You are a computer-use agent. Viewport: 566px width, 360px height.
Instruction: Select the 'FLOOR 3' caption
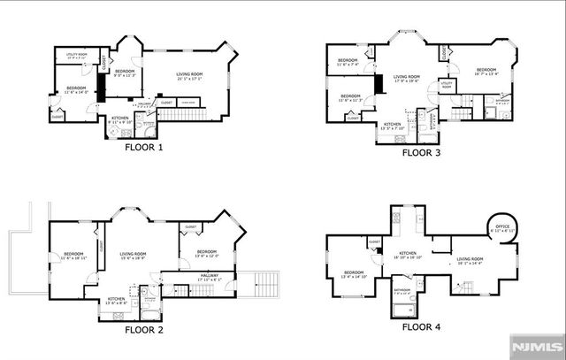coord(421,152)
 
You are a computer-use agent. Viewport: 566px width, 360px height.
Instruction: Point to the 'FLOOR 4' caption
coord(421,326)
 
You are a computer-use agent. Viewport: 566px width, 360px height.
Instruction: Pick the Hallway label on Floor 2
coord(209,276)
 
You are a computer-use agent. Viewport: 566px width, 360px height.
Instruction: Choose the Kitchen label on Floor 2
coord(118,300)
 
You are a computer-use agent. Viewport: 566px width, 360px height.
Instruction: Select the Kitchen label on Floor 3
coord(393,125)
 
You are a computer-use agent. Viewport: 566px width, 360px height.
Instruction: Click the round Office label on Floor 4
coord(503,227)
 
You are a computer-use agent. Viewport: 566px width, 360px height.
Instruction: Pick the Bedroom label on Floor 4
coord(354,273)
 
